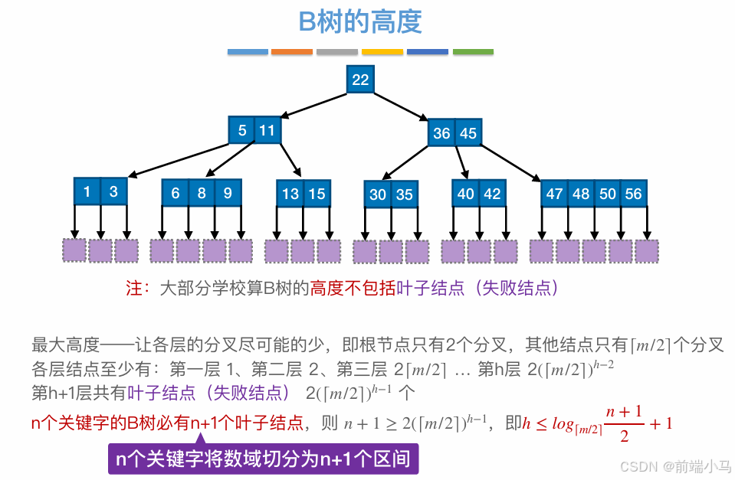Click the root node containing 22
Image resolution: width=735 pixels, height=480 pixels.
360,80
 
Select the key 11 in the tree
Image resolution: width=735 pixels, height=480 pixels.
267,131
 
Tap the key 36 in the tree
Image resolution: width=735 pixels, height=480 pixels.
441,133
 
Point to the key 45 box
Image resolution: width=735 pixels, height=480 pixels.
468,133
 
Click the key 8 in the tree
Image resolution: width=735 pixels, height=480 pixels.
202,193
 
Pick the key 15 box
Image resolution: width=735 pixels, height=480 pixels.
317,194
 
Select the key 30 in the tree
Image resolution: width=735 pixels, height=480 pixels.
378,194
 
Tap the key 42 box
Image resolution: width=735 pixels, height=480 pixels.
492,194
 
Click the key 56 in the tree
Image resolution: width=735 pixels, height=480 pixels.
633,194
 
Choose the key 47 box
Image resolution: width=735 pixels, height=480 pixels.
555,194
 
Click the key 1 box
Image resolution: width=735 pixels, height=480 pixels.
87,191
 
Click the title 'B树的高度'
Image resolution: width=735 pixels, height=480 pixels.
360,22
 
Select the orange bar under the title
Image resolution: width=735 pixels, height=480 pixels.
292,52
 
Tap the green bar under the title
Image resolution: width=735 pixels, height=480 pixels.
473,52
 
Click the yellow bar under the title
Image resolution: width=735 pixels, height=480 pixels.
382,52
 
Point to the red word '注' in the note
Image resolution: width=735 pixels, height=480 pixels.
133,289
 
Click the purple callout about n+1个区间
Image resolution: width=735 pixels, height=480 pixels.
263,459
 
